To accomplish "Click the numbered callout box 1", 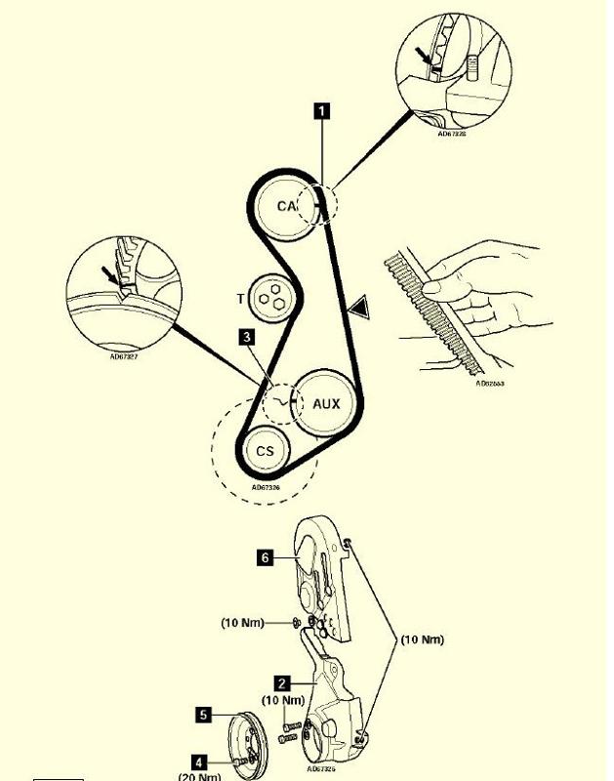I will tap(321, 110).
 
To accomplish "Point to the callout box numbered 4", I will tap(200, 760).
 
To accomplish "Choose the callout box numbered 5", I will tap(203, 715).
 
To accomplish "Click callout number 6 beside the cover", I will tap(265, 557).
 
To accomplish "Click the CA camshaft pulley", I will tap(287, 206).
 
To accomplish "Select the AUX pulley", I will tap(326, 402).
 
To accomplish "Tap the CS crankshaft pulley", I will tap(266, 451).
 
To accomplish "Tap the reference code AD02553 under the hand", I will tap(491, 384).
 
